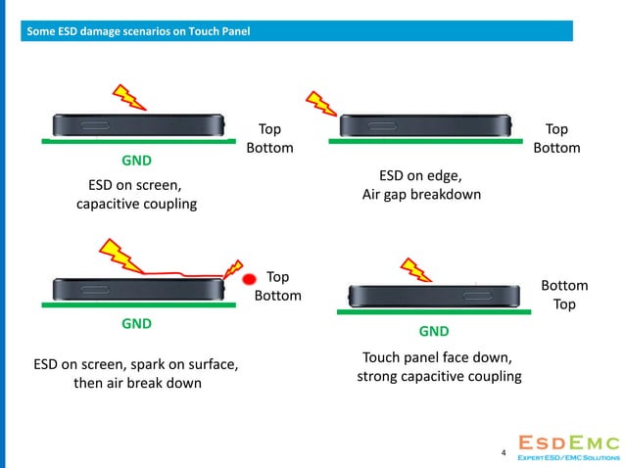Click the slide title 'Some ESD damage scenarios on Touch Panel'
tap(137, 33)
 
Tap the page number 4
tap(504, 453)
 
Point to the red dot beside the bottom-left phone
tap(250, 279)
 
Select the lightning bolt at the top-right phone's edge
tap(319, 103)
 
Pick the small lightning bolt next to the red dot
tap(233, 268)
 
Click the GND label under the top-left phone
tap(136, 159)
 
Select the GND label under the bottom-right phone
tap(434, 331)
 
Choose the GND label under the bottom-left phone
tap(136, 321)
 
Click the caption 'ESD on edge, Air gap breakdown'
tap(421, 185)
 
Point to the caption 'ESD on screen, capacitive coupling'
tap(136, 194)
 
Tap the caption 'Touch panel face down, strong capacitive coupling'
tap(437, 366)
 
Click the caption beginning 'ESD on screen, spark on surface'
tap(136, 373)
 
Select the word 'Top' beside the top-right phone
tap(556, 129)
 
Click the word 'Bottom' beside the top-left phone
tap(269, 148)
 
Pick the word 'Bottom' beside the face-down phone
tap(564, 285)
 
